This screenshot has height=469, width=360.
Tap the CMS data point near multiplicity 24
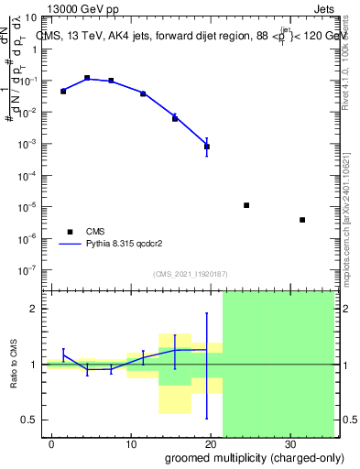coord(246,205)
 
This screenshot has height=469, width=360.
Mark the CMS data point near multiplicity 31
coord(302,220)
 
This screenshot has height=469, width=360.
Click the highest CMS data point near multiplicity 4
coord(87,78)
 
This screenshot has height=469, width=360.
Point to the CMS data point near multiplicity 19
coord(207,147)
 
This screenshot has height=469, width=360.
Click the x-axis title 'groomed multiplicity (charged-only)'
coord(249,457)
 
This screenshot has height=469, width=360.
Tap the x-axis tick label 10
coord(131,443)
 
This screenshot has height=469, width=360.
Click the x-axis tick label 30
coord(290,443)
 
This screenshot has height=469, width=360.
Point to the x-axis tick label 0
coord(52,443)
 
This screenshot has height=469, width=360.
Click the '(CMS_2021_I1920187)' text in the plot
coord(191,273)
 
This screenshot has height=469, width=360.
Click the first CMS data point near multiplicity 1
coord(63,92)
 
